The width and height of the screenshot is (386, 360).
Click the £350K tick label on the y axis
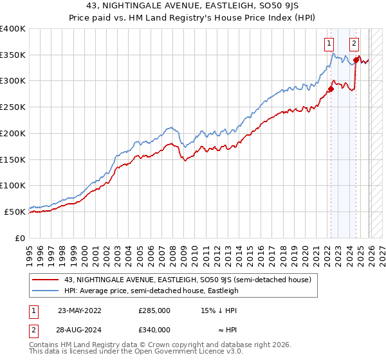(13, 55)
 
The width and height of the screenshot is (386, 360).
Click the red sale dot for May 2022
(331, 89)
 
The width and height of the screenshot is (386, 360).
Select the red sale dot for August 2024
(356, 60)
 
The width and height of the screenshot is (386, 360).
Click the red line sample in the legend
(46, 280)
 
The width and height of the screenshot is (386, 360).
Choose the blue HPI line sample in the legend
(46, 291)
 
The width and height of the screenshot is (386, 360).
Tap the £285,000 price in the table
(154, 310)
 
